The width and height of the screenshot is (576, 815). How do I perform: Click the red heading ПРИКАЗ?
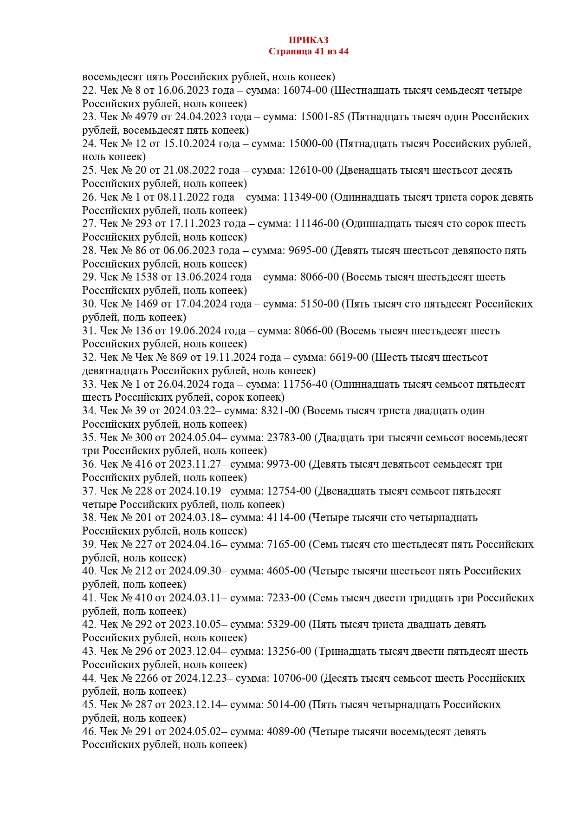point(308,40)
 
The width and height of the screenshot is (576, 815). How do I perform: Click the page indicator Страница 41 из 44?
point(308,52)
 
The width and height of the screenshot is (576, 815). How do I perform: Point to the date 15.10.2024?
point(189,143)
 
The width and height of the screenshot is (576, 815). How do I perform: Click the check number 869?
point(178,357)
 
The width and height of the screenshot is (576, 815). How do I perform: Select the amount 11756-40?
point(304,384)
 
